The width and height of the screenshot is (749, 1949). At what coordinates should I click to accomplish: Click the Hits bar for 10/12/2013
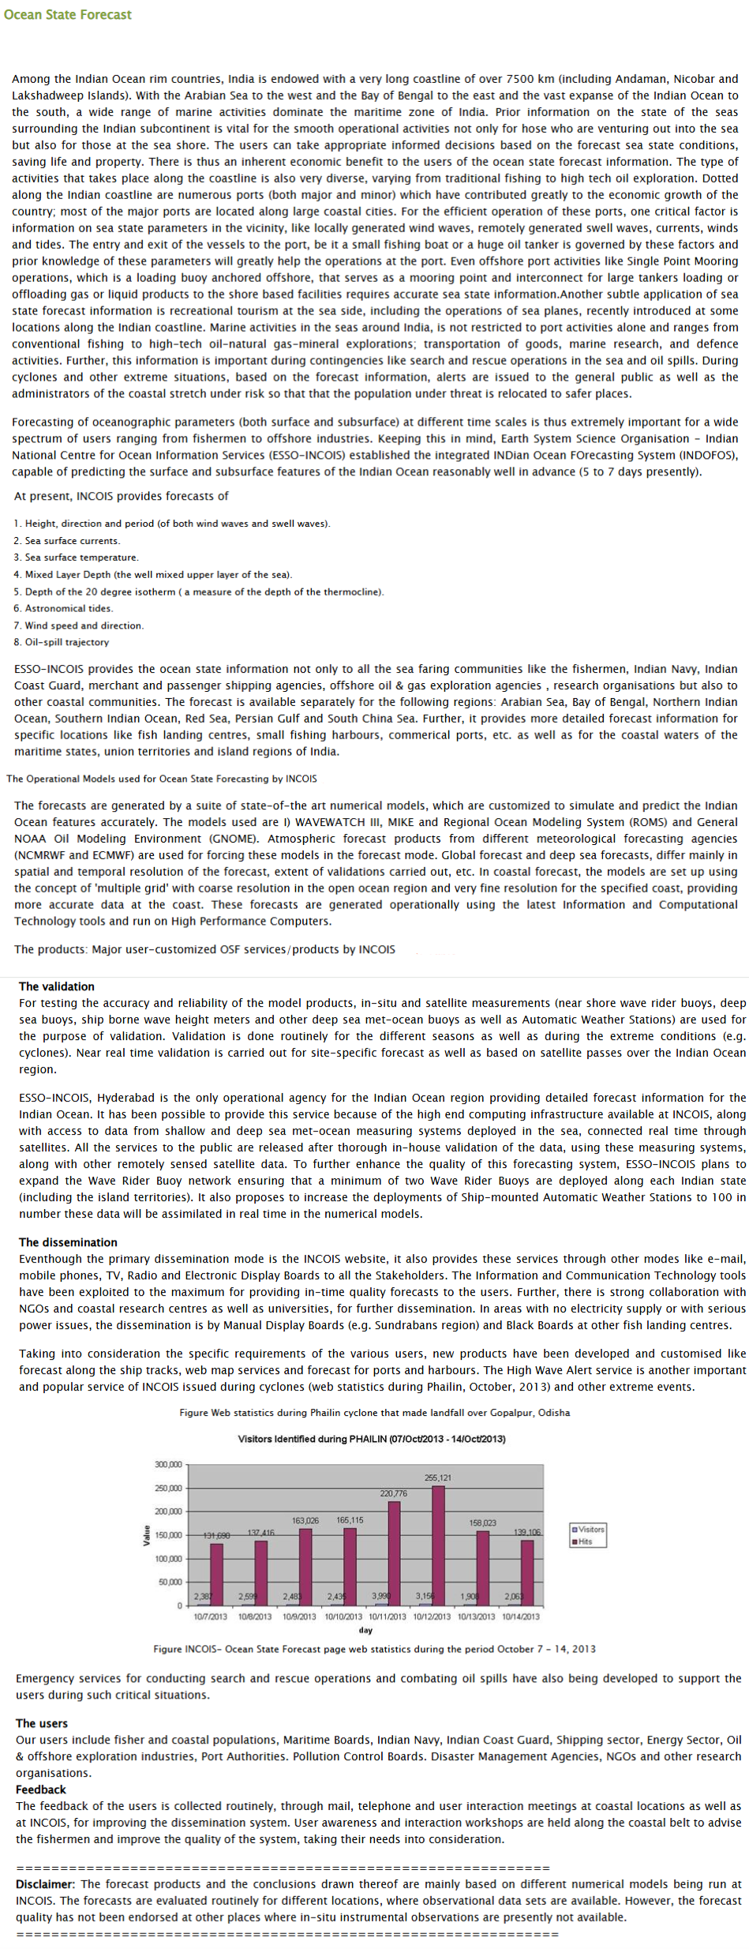pyautogui.click(x=438, y=1546)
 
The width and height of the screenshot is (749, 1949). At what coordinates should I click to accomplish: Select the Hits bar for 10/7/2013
pyautogui.click(x=216, y=1574)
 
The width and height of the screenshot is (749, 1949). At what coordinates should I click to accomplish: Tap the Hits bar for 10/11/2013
pyautogui.click(x=394, y=1553)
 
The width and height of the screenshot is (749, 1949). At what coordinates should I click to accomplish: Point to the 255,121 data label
pyautogui.click(x=438, y=1478)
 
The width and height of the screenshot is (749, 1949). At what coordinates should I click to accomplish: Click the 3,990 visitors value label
pyautogui.click(x=381, y=1596)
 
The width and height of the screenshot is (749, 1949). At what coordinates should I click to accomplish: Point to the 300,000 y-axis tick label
pyautogui.click(x=168, y=1464)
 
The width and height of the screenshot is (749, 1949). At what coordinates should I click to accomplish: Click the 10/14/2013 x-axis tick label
pyautogui.click(x=521, y=1617)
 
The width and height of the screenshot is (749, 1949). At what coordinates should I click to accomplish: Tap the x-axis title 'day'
pyautogui.click(x=365, y=1630)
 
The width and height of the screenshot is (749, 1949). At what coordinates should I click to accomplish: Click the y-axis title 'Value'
pyautogui.click(x=146, y=1535)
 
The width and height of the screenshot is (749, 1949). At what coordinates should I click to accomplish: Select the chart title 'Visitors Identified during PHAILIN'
pyautogui.click(x=372, y=1439)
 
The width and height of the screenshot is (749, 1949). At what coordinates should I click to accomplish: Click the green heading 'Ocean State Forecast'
pyautogui.click(x=68, y=14)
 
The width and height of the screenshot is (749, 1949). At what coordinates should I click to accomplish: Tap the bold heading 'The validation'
pyautogui.click(x=57, y=986)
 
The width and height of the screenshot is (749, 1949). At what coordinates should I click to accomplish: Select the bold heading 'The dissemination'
pyautogui.click(x=68, y=1242)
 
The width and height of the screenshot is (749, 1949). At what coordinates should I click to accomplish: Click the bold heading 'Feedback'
pyautogui.click(x=41, y=1789)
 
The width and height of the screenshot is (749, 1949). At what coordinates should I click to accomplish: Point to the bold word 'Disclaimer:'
pyautogui.click(x=47, y=1884)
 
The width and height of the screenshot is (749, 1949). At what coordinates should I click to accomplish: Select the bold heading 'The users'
pyautogui.click(x=42, y=1723)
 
